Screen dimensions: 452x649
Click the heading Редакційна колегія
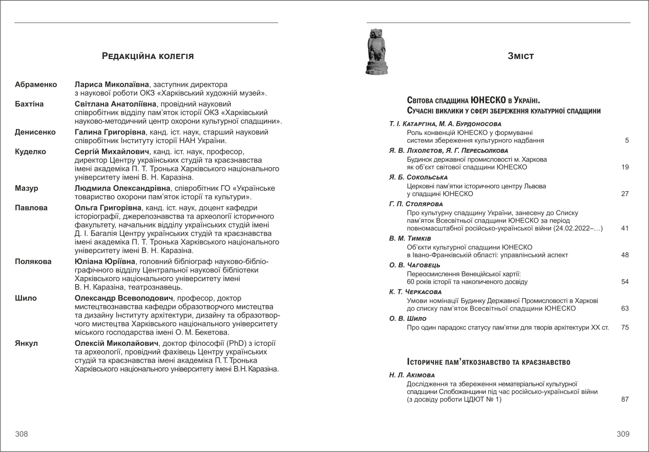(148, 56)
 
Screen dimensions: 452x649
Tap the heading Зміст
(520, 56)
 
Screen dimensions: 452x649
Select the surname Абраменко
(36, 84)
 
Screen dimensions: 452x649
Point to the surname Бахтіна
(29, 104)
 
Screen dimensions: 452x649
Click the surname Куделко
(30, 151)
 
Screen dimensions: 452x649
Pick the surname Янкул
(26, 343)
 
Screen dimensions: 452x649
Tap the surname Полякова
(33, 261)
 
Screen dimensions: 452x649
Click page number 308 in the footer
(22, 434)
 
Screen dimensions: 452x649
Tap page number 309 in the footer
(623, 434)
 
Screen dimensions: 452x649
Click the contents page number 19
(625, 167)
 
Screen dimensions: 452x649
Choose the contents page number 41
(625, 228)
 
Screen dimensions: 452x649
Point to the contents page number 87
(625, 400)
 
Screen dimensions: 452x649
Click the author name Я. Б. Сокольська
(418, 177)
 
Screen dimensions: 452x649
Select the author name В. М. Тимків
(410, 239)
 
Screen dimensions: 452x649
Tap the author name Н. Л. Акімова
(412, 375)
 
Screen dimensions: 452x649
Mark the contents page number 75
(625, 327)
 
